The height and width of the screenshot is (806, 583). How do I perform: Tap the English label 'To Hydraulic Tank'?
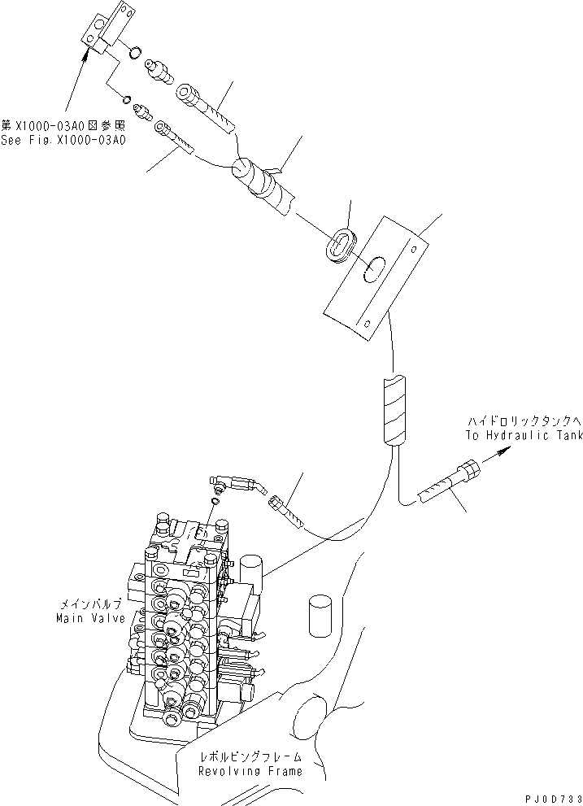(x=524, y=436)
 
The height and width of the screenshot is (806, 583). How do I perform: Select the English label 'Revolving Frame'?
(x=250, y=771)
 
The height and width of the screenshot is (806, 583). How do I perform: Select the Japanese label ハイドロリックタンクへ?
(x=524, y=421)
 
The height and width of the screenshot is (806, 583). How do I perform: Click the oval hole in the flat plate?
(x=376, y=270)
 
